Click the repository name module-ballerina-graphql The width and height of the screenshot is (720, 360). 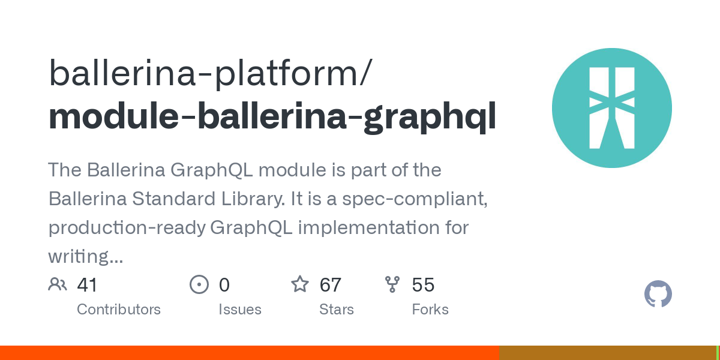[x=272, y=116]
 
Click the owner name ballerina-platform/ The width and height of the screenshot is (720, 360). [x=211, y=73]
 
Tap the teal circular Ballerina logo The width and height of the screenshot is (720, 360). [x=611, y=108]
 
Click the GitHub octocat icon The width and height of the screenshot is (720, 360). [x=658, y=294]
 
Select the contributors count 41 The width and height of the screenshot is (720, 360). [x=87, y=285]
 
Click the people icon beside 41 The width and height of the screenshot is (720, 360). [x=58, y=284]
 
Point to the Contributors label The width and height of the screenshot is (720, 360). [x=119, y=310]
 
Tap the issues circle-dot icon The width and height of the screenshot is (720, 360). [x=199, y=284]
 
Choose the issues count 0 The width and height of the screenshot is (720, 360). [x=224, y=285]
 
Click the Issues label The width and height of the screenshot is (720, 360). [x=240, y=310]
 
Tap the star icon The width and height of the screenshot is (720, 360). [x=300, y=284]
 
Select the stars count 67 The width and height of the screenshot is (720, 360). [x=331, y=285]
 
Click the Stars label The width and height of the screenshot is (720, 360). [x=337, y=310]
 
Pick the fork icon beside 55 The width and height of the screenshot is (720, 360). [x=392, y=284]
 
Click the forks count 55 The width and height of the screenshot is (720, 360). [x=424, y=285]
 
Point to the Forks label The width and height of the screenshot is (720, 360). [x=430, y=310]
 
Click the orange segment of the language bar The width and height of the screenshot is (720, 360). [x=250, y=353]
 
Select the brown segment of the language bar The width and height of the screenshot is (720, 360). [x=608, y=353]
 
